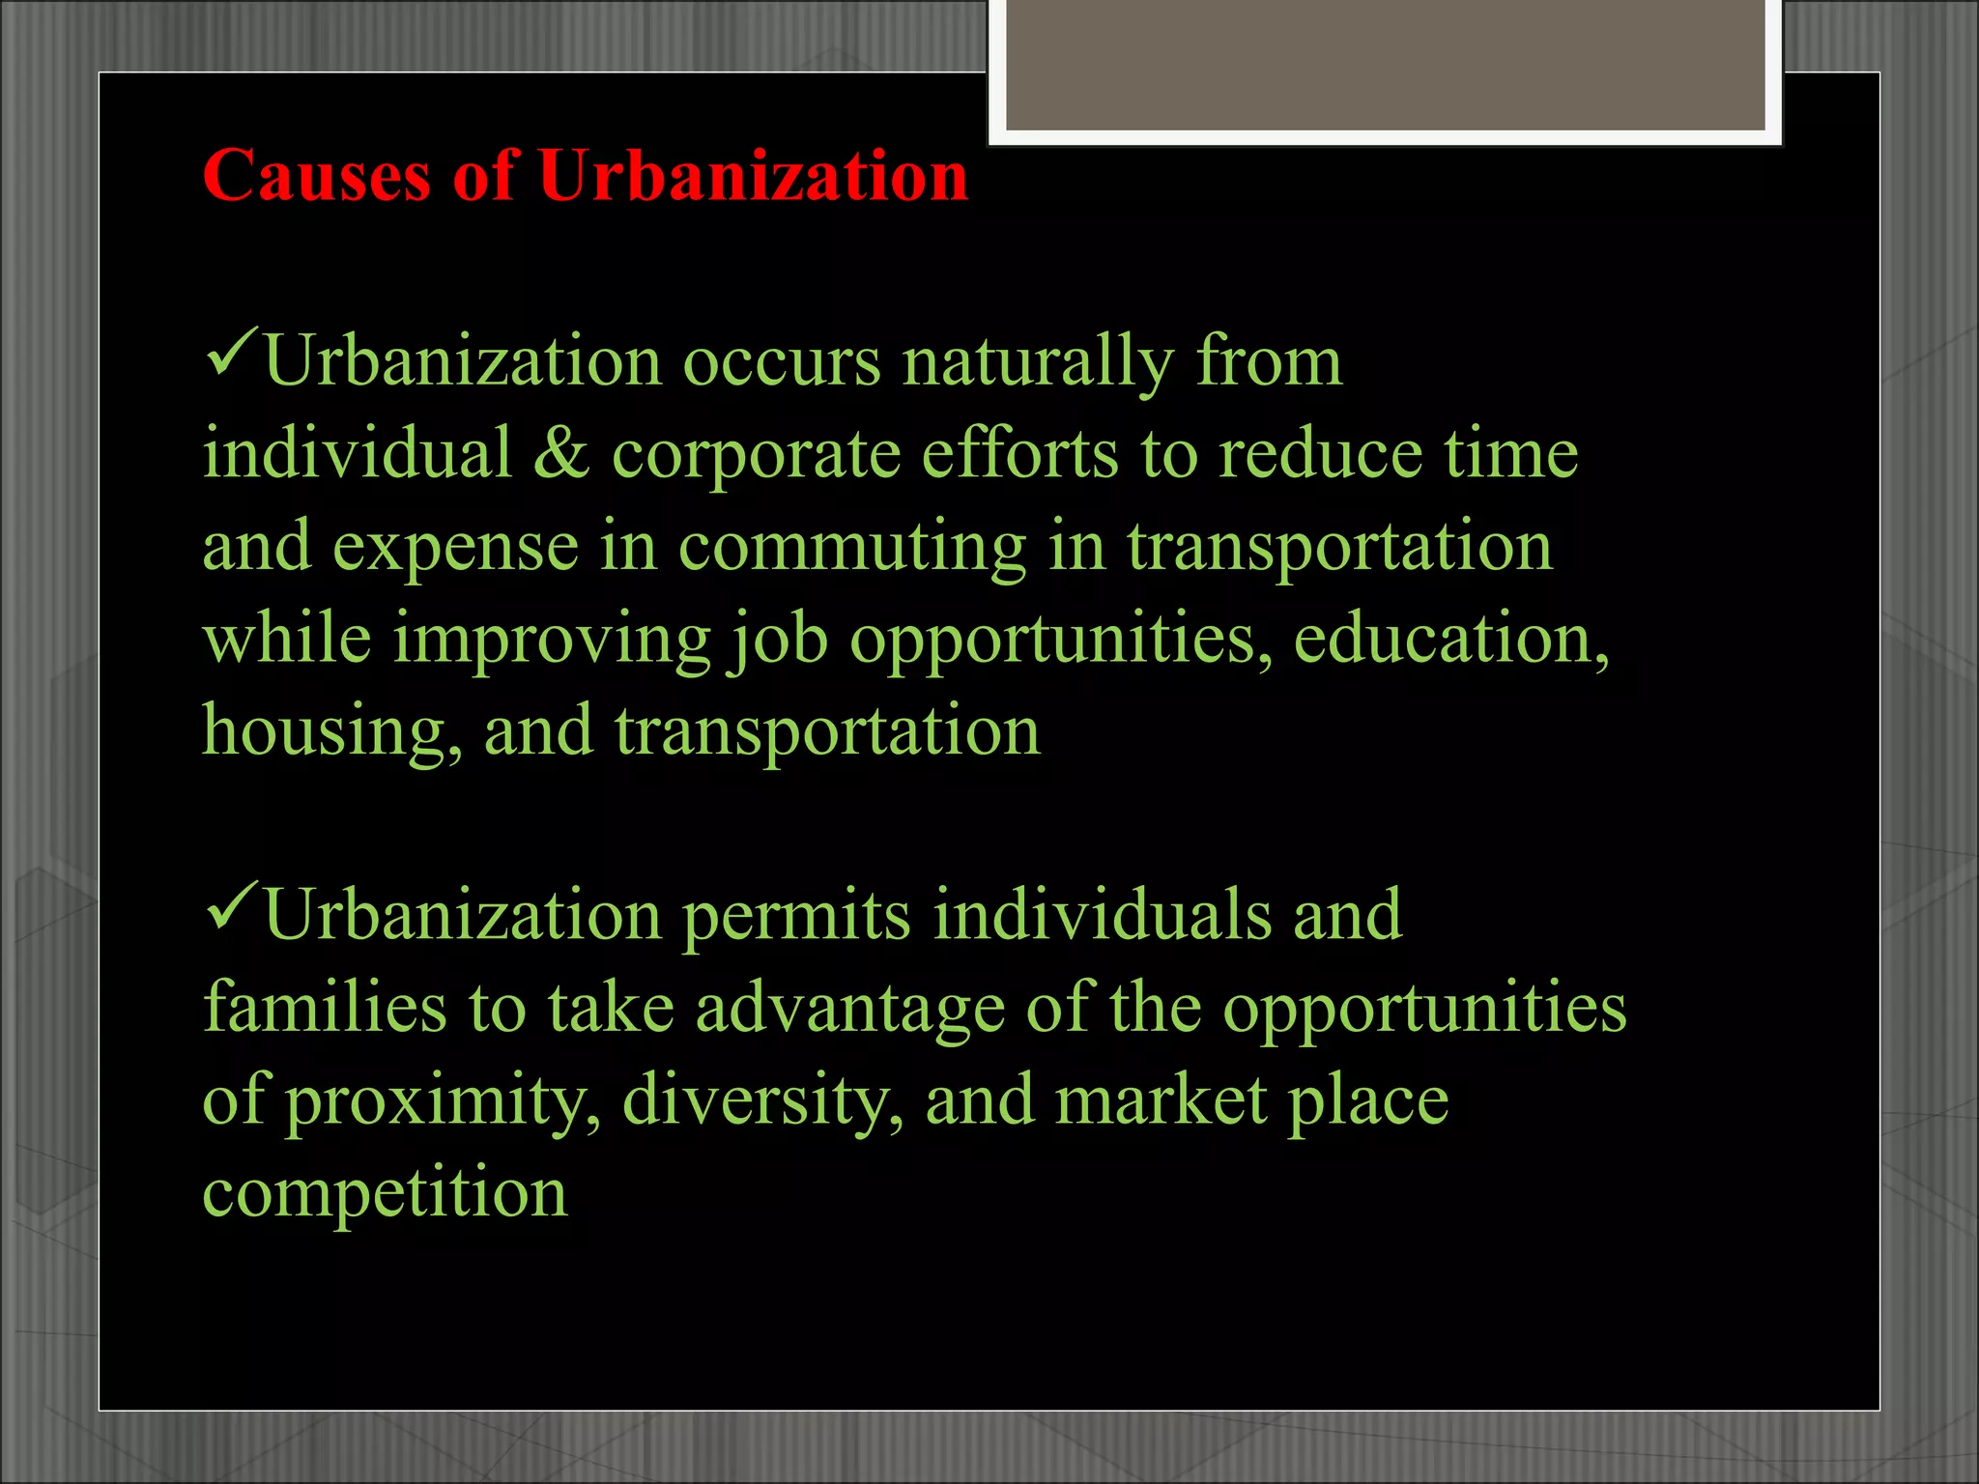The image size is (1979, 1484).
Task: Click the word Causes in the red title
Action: [x=316, y=176]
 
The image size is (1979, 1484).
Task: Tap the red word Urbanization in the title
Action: [x=753, y=176]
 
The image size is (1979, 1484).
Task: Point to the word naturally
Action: [x=1037, y=363]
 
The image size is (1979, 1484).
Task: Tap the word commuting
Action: [x=851, y=547]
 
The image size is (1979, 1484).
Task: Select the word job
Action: [x=778, y=640]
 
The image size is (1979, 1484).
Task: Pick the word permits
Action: [x=796, y=916]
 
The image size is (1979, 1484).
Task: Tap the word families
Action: [x=325, y=1007]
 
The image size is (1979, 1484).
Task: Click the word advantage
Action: [x=849, y=1009]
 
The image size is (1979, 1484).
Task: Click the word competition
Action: [x=385, y=1192]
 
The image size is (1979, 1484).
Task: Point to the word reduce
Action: [x=1320, y=454]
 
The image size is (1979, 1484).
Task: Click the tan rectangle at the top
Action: [x=1385, y=64]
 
